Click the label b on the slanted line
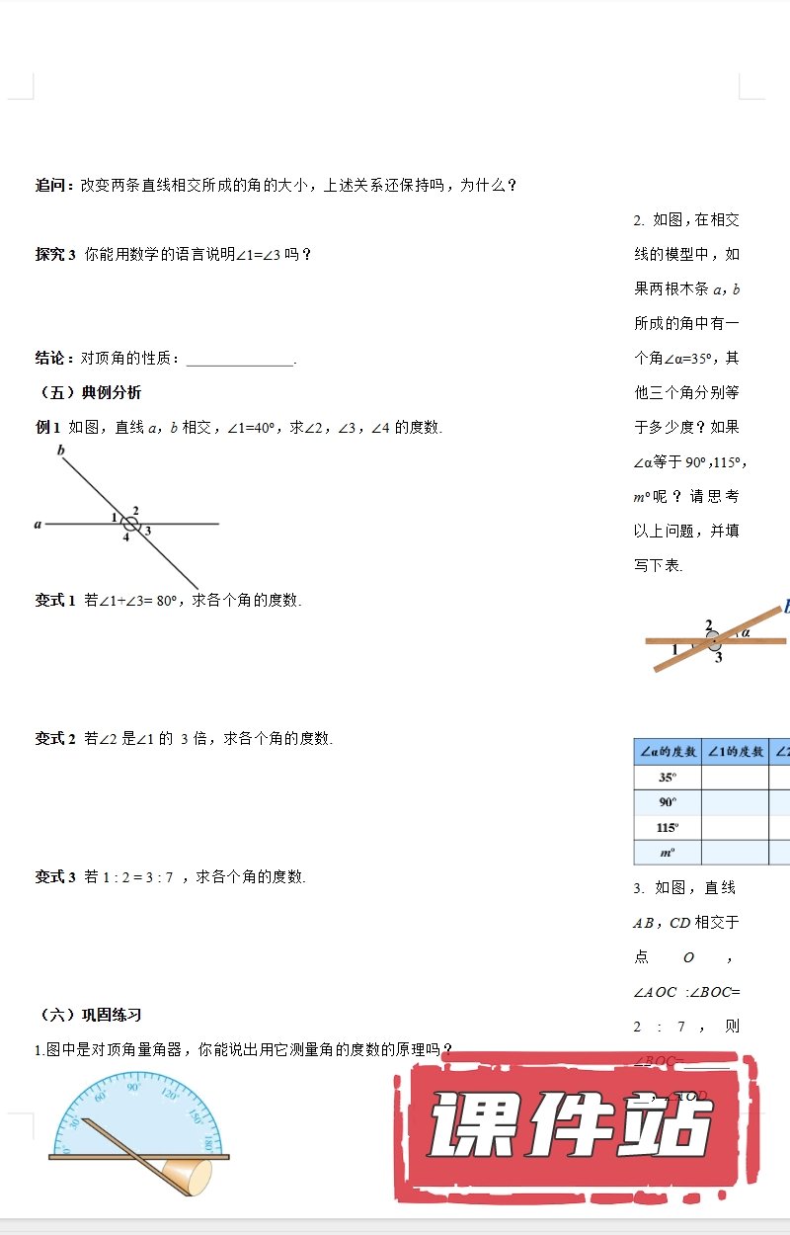point(61,452)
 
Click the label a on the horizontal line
point(38,525)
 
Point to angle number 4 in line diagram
point(125,537)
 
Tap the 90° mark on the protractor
point(133,1087)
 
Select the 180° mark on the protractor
point(207,1144)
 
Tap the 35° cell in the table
point(667,777)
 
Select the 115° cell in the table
point(667,827)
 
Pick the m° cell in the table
point(667,852)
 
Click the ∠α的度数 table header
point(667,752)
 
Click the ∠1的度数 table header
point(735,752)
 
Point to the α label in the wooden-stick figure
point(746,632)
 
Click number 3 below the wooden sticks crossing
point(718,658)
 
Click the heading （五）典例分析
point(89,392)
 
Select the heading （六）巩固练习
point(89,1015)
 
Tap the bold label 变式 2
point(55,738)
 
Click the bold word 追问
point(53,185)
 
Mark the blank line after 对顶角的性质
point(240,360)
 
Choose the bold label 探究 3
point(55,254)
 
